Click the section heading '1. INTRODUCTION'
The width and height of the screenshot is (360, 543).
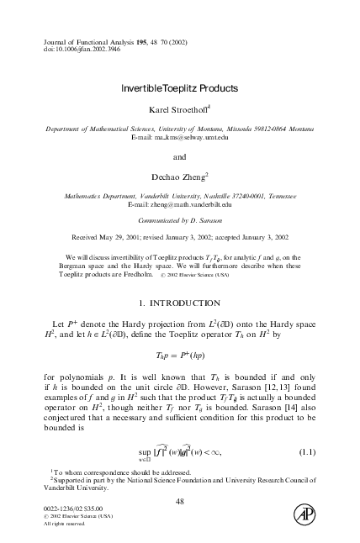[x=179, y=302]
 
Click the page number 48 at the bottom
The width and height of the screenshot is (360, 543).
[x=179, y=502]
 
